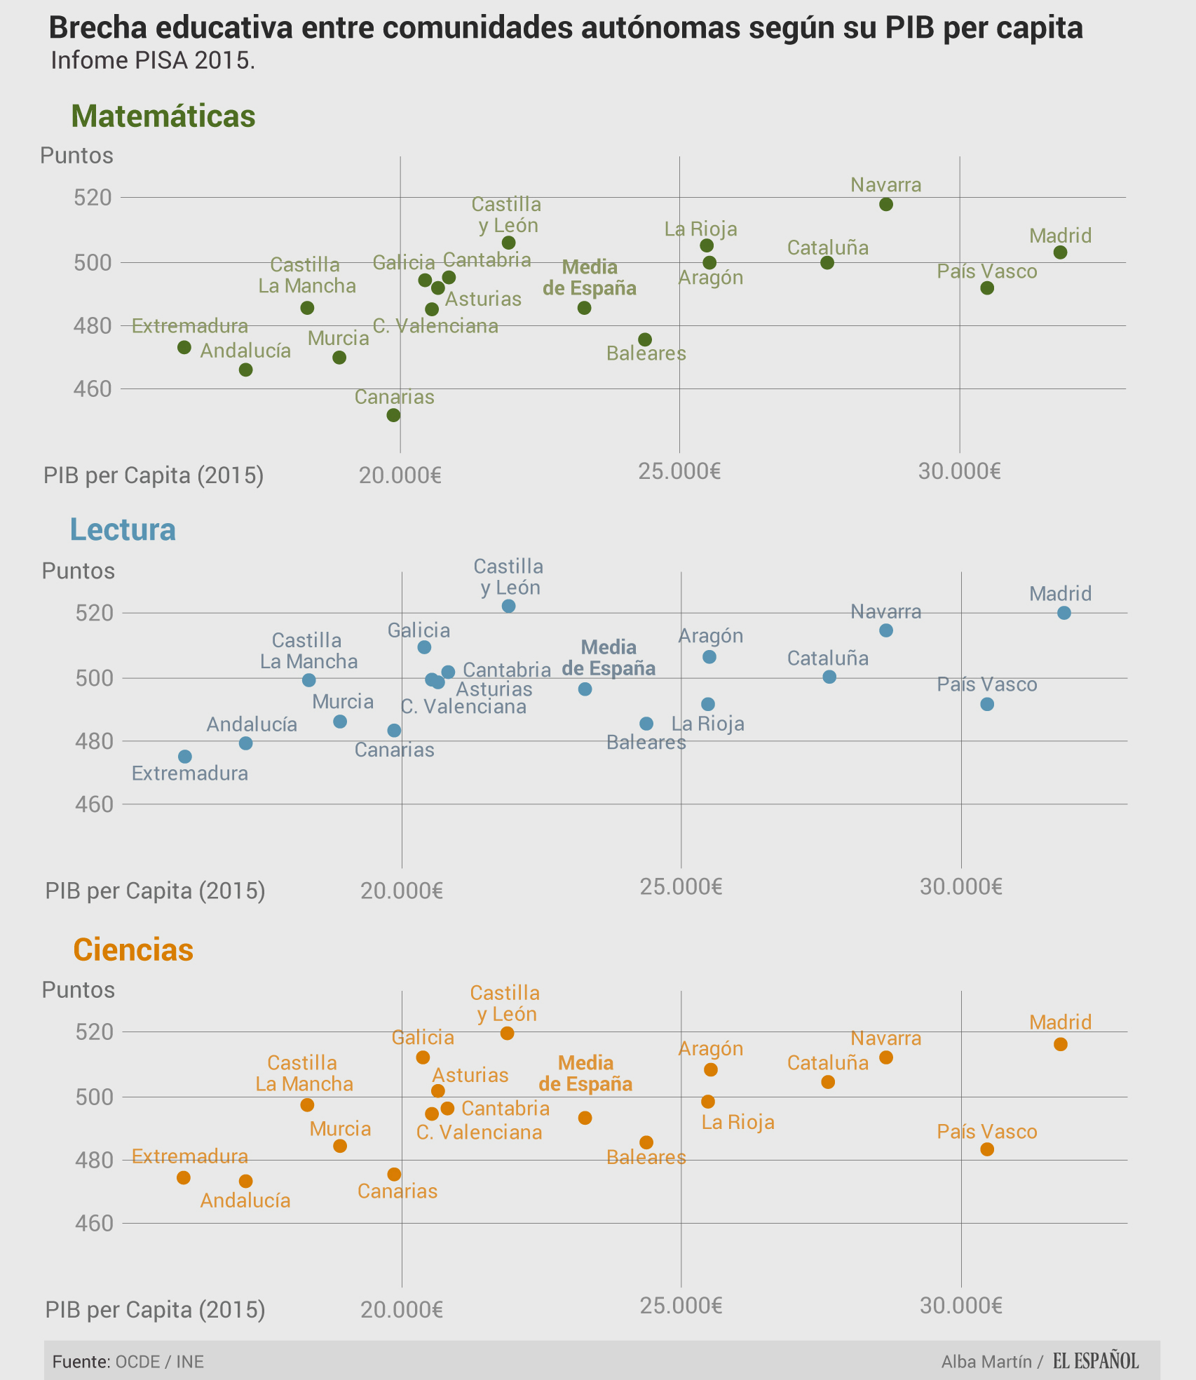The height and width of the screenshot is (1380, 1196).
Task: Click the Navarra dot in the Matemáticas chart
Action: coord(886,205)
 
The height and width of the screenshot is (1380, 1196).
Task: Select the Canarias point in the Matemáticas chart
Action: coord(394,415)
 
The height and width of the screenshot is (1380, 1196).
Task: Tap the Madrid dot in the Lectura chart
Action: coord(1064,613)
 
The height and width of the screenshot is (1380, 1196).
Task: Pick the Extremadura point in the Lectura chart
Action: coord(185,757)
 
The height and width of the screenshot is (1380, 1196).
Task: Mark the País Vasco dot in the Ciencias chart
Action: coord(987,1149)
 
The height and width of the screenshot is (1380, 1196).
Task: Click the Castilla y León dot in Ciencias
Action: coord(508,1033)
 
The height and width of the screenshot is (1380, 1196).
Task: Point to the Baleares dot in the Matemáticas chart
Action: coord(646,340)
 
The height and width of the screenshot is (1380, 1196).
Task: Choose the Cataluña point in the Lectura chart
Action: coord(829,677)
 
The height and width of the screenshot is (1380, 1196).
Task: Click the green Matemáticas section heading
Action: coord(163,116)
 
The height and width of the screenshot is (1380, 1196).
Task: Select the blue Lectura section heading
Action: coord(123,529)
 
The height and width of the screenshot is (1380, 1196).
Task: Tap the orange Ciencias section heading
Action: coord(133,950)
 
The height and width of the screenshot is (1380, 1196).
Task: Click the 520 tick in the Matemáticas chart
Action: coord(93,198)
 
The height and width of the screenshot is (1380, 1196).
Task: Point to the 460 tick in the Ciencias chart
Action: coord(93,1223)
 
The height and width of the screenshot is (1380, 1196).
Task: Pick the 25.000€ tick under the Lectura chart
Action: coord(681,887)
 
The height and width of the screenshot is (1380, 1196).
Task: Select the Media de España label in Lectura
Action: coord(609,658)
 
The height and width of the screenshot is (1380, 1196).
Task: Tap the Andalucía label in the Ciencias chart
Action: coord(245,1200)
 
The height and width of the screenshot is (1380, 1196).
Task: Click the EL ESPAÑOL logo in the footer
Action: coord(1096,1361)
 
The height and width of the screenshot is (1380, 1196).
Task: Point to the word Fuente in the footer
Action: coord(81,1362)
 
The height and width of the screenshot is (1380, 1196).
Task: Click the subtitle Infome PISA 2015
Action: coord(153,61)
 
